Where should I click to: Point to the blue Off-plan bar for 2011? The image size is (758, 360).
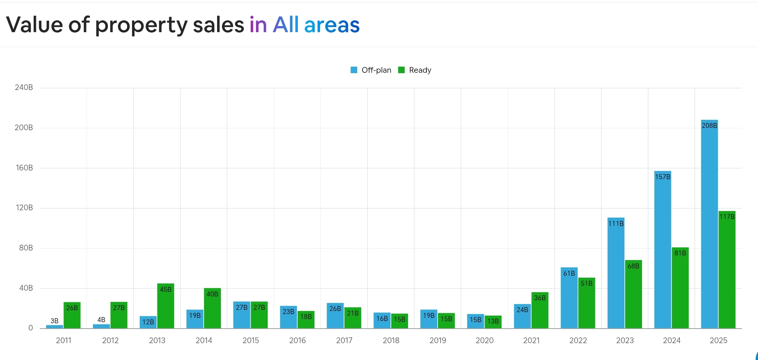pyautogui.click(x=54, y=327)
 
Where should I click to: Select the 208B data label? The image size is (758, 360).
pyautogui.click(x=709, y=126)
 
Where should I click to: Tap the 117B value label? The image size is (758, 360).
pyautogui.click(x=727, y=217)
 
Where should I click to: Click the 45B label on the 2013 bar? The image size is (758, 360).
pyautogui.click(x=166, y=290)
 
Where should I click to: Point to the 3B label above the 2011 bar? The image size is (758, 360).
pyautogui.click(x=54, y=321)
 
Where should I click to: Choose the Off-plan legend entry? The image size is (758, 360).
pyautogui.click(x=371, y=70)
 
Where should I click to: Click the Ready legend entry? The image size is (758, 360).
pyautogui.click(x=415, y=70)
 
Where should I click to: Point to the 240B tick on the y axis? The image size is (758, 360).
pyautogui.click(x=24, y=87)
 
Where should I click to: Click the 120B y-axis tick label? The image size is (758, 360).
pyautogui.click(x=24, y=208)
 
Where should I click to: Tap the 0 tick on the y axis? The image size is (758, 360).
pyautogui.click(x=31, y=328)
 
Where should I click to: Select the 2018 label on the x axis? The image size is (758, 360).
pyautogui.click(x=391, y=340)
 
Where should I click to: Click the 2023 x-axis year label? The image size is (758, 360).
pyautogui.click(x=625, y=340)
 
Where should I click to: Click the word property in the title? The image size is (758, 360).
pyautogui.click(x=141, y=25)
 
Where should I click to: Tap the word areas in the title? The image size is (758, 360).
pyautogui.click(x=332, y=25)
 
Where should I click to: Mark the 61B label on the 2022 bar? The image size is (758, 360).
pyautogui.click(x=569, y=273)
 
